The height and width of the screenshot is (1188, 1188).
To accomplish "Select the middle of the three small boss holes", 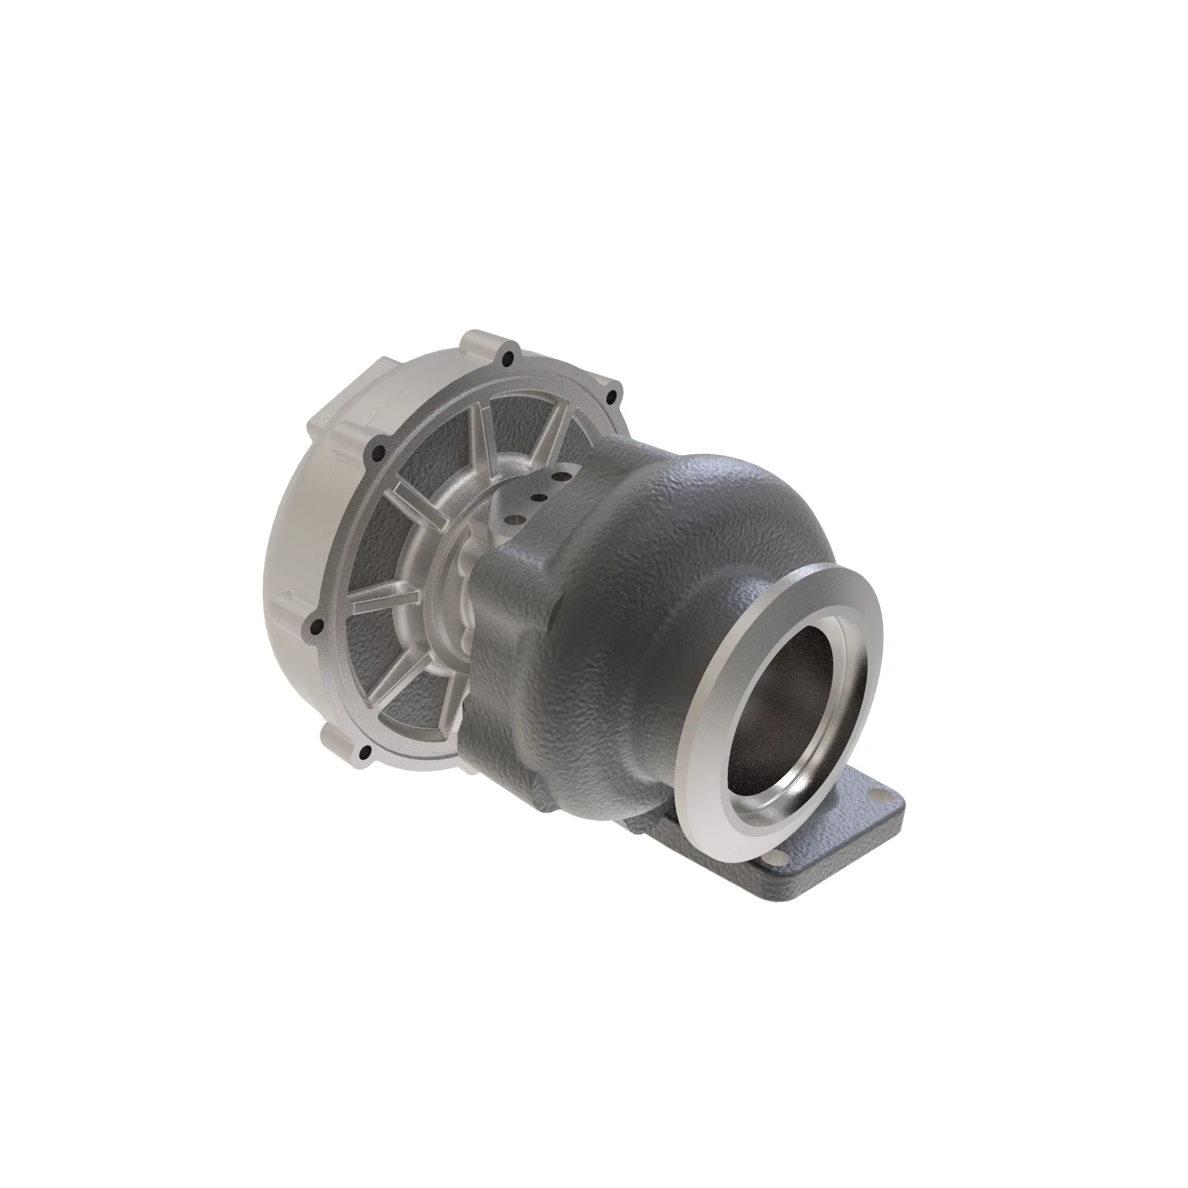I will (x=539, y=497).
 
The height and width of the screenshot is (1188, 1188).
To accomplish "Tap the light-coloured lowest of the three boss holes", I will (x=515, y=520).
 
